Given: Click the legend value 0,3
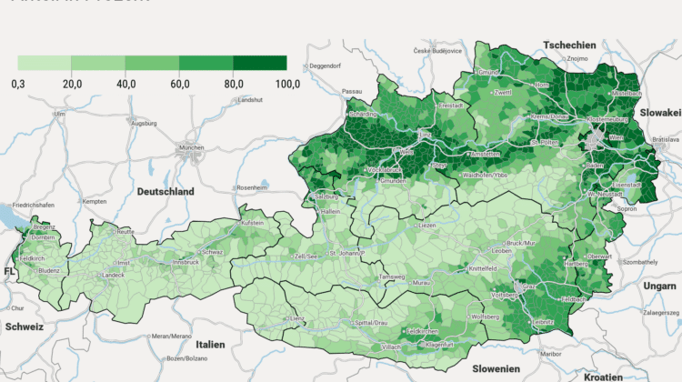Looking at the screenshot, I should [18, 84].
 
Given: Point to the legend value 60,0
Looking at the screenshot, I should [180, 84].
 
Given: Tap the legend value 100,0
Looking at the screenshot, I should [287, 84].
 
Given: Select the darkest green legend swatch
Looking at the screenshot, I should [260, 63].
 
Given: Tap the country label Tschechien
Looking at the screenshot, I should [569, 45].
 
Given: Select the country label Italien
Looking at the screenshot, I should [210, 345].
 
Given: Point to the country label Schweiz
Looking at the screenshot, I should [24, 325].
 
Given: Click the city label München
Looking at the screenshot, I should [191, 146].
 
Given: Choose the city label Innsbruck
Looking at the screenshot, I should [186, 262].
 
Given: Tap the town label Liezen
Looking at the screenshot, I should [427, 224].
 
